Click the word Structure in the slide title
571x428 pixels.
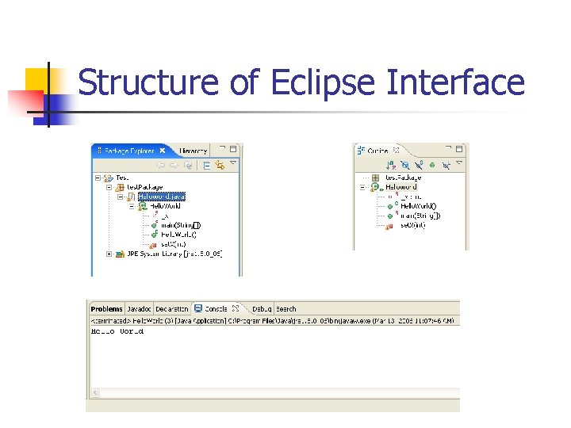click(x=148, y=83)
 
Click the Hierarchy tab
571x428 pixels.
click(x=193, y=150)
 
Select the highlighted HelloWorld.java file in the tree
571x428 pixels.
click(x=161, y=196)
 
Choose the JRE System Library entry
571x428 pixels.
click(x=170, y=254)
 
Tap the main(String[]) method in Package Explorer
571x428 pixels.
click(x=181, y=224)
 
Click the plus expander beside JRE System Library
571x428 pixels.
click(x=109, y=254)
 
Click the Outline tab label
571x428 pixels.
click(x=377, y=150)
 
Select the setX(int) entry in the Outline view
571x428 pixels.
click(x=412, y=225)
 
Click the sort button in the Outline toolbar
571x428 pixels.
click(x=390, y=165)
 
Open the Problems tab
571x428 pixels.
click(x=106, y=309)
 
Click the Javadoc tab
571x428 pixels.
click(x=140, y=309)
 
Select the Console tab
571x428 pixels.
click(x=215, y=309)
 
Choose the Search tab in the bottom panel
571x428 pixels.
click(x=286, y=309)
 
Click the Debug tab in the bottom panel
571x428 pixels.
click(x=262, y=309)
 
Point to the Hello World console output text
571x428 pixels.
click(x=117, y=331)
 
